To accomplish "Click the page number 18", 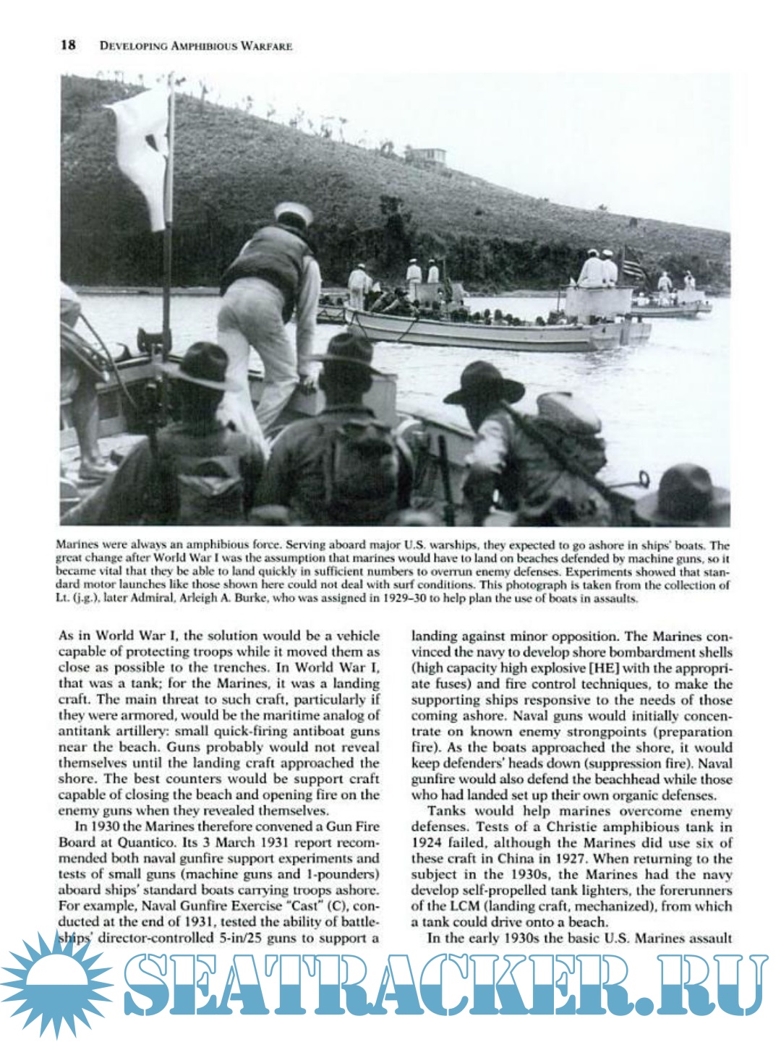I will click(x=68, y=46).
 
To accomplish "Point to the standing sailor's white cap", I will click(x=293, y=213).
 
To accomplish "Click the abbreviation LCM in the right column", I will click(x=443, y=906).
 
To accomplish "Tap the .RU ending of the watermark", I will click(x=712, y=987).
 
